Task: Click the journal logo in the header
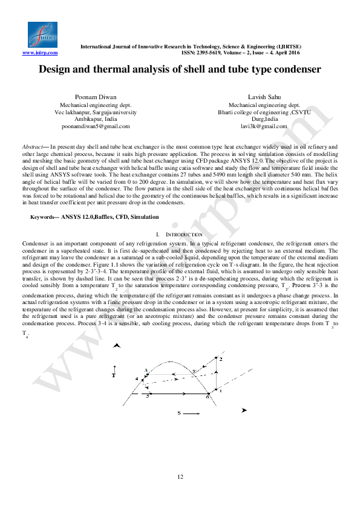coord(42,35)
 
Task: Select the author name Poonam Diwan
coord(96,97)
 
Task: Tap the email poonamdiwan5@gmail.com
coord(96,126)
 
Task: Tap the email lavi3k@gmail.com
coord(264,126)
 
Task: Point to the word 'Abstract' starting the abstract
coord(32,147)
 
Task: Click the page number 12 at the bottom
coord(180,478)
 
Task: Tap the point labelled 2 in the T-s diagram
coord(220,359)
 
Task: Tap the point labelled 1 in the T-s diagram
coord(220,391)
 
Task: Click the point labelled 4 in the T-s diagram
coord(137,379)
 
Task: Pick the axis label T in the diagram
coord(113,375)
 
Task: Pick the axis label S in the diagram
coord(179,413)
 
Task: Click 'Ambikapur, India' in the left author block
coord(96,119)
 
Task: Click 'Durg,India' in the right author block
coord(264,119)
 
